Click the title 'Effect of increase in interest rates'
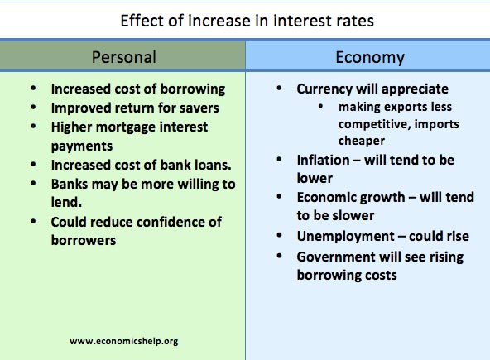pos(247,20)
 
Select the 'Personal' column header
pos(122,57)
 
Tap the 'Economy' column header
pos(370,57)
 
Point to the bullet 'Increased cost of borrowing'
pos(137,89)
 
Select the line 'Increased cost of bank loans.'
pos(141,164)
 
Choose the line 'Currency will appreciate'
pos(372,89)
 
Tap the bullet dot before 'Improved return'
pos(32,108)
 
